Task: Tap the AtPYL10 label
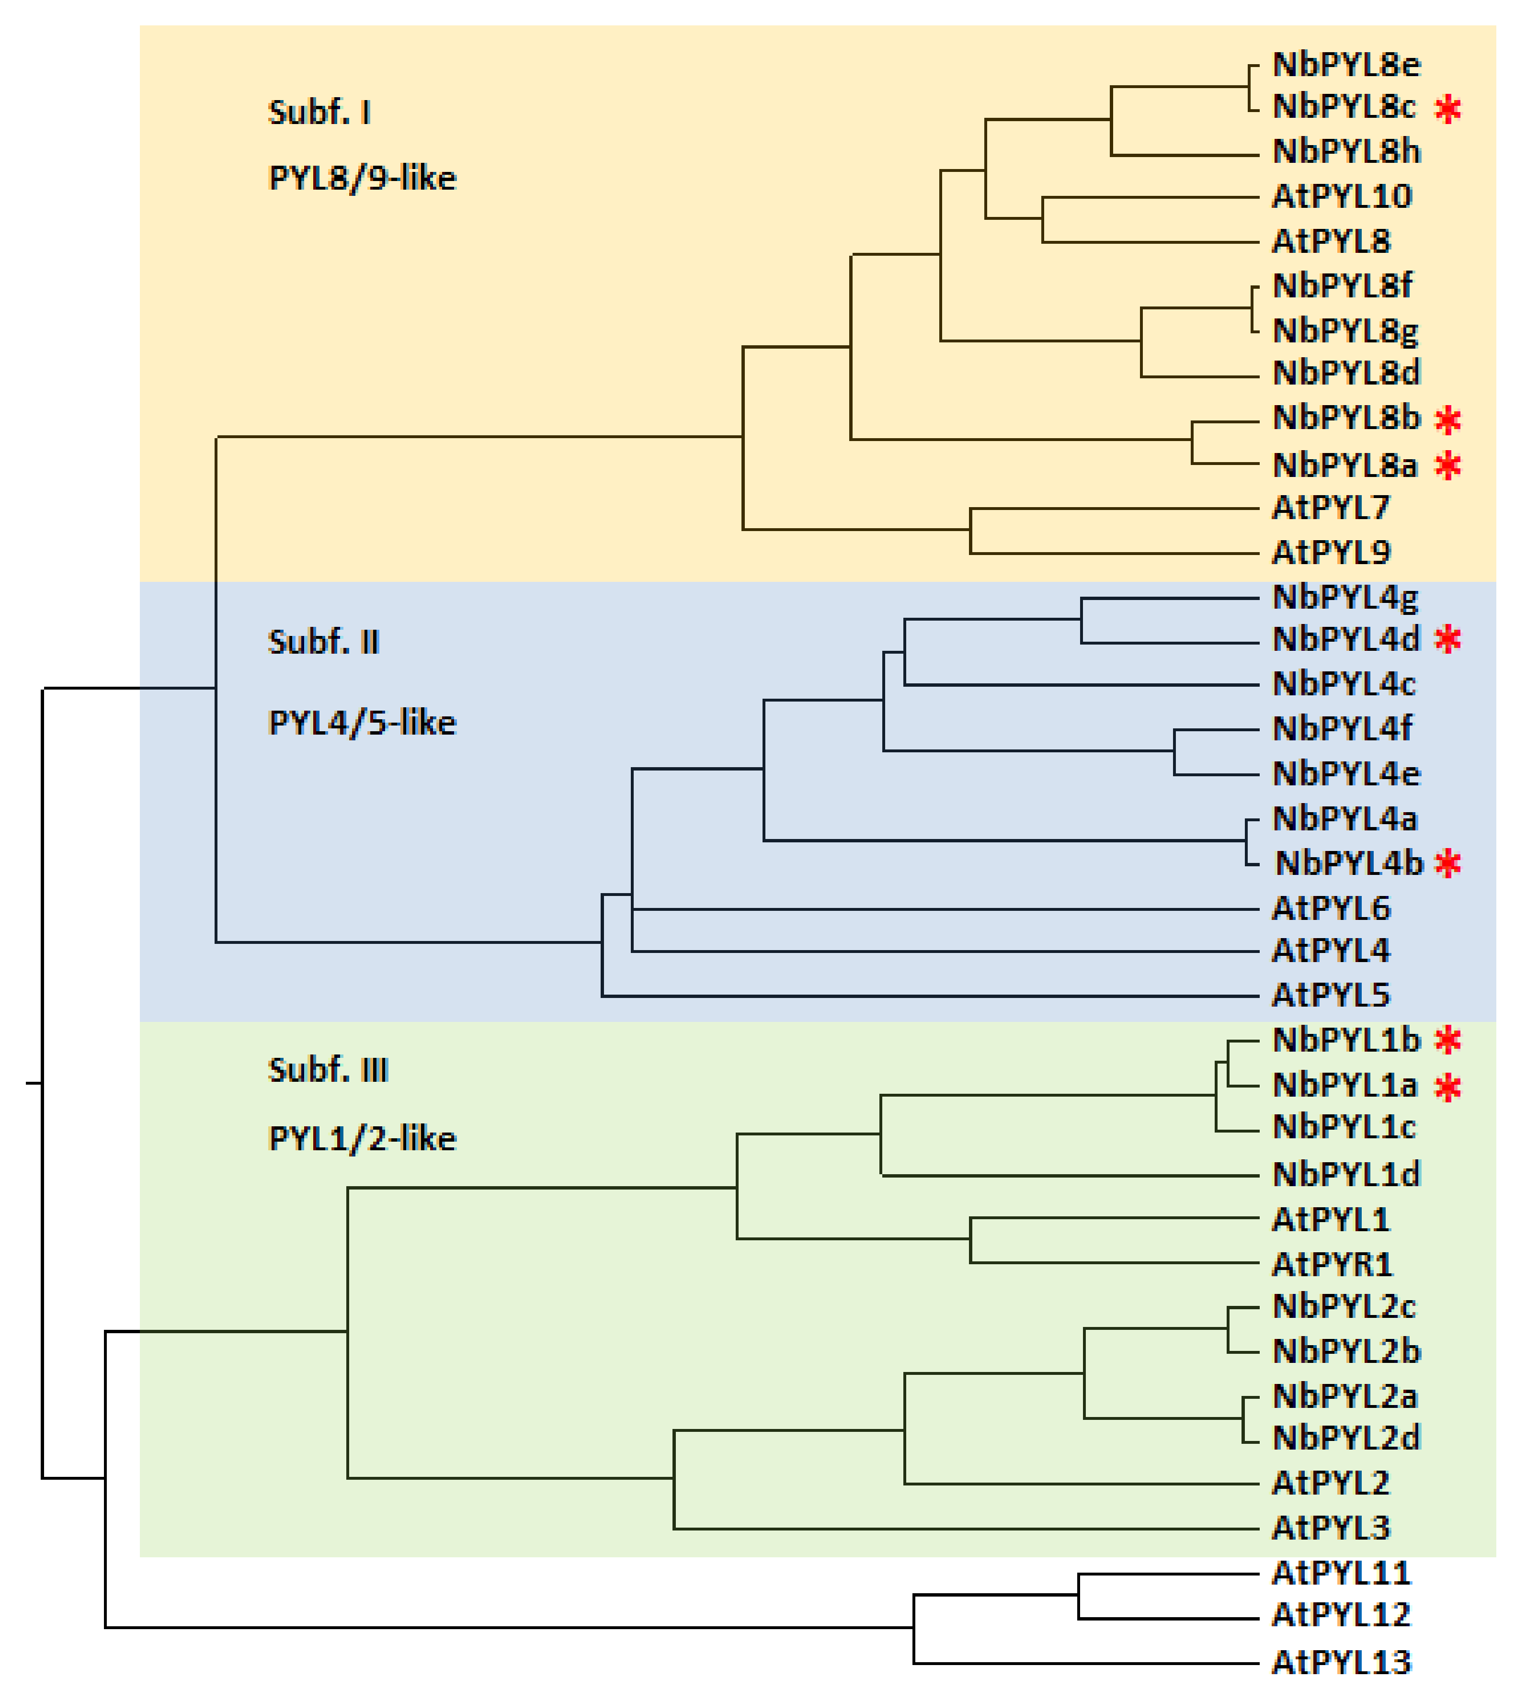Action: tap(1342, 196)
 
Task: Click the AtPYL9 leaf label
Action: tap(1331, 552)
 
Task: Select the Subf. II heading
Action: tap(324, 642)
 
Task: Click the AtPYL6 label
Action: tap(1331, 908)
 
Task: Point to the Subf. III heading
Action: tap(328, 1069)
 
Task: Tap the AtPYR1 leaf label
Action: tap(1332, 1265)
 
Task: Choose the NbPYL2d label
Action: tap(1346, 1438)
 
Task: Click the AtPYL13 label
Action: tap(1342, 1662)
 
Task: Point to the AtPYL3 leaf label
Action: tap(1331, 1528)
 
